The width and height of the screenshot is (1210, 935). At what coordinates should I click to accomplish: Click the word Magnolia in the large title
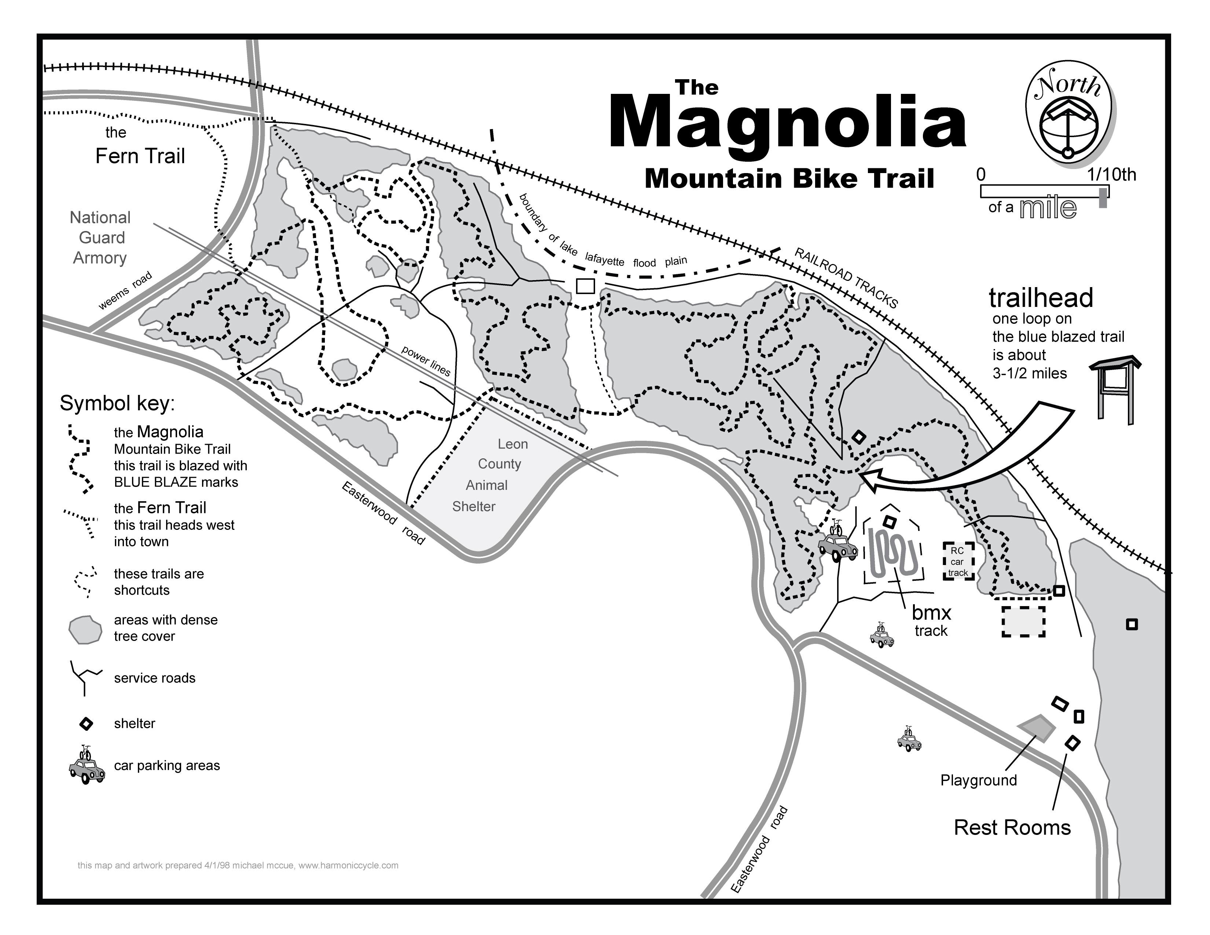click(x=787, y=123)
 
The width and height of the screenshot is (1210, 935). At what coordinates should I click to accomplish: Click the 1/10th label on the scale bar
click(x=1111, y=175)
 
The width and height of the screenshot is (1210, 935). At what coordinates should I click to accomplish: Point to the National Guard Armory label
click(x=100, y=238)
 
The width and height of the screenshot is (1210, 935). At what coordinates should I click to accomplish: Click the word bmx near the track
click(x=931, y=613)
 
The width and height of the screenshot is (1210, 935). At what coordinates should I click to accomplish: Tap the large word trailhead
click(x=1041, y=298)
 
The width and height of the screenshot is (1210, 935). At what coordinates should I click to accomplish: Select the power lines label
click(x=425, y=360)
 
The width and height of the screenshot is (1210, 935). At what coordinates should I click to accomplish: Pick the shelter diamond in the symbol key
click(x=87, y=723)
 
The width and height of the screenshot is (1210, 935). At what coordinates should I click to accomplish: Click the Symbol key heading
click(x=117, y=403)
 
